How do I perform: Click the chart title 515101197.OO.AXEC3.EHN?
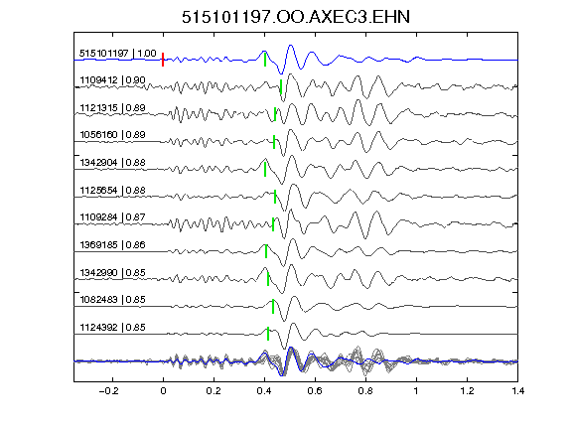coord(296,17)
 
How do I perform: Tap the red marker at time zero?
coord(163,60)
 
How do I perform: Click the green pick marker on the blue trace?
coord(265,60)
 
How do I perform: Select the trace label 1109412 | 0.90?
coord(112,79)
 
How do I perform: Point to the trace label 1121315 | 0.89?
coord(112,107)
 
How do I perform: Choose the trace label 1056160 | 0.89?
coord(112,135)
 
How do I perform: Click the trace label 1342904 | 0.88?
coord(112,162)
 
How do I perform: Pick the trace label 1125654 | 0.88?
coord(112,190)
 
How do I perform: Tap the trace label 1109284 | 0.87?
coord(112,217)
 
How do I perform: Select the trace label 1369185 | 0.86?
coord(112,244)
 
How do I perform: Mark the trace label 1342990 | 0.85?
coord(112,272)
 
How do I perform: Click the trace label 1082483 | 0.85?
coord(112,300)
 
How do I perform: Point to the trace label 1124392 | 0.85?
coord(112,328)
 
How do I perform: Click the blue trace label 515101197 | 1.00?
coord(118,54)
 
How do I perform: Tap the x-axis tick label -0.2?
coord(108,391)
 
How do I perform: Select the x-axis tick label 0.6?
coord(315,391)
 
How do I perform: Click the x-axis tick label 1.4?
coord(517,391)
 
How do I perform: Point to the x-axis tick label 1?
coord(416,391)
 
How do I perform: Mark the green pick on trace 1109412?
coord(280,86)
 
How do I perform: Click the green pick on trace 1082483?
coord(273,307)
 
